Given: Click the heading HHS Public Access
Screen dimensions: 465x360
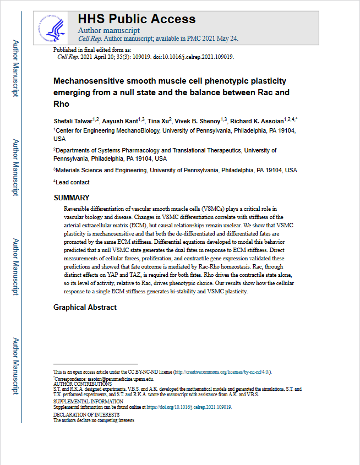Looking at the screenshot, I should click(x=137, y=19).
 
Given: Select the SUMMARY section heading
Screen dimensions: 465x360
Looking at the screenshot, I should click(x=72, y=198).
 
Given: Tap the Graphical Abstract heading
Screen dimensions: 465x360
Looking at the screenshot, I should click(x=85, y=307).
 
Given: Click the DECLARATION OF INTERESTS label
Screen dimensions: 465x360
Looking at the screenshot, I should click(x=86, y=414).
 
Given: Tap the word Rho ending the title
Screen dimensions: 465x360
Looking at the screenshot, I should click(x=62, y=104).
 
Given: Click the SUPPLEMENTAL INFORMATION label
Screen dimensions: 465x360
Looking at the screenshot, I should click(x=88, y=402).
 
